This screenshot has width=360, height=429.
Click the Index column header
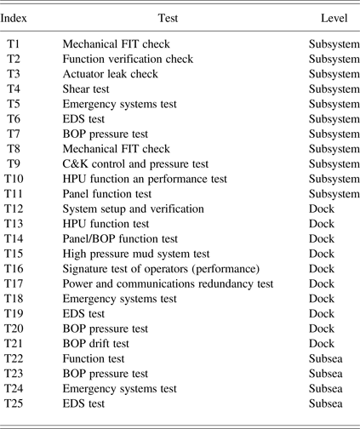pyautogui.click(x=18, y=18)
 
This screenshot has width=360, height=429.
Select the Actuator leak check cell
pyautogui.click(x=111, y=74)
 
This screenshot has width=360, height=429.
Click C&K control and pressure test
pyautogui.click(x=135, y=163)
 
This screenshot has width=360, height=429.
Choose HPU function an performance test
pyautogui.click(x=145, y=179)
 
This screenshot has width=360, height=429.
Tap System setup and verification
pyautogui.click(x=133, y=209)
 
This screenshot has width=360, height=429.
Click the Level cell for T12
pyautogui.click(x=322, y=209)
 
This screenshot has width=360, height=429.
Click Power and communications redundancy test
pyautogui.click(x=169, y=283)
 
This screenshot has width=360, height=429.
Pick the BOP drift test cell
pyautogui.click(x=96, y=343)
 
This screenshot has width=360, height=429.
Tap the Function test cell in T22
pyautogui.click(x=94, y=358)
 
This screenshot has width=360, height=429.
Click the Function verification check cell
pyautogui.click(x=128, y=59)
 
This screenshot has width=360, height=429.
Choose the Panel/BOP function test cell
pyautogui.click(x=120, y=238)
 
